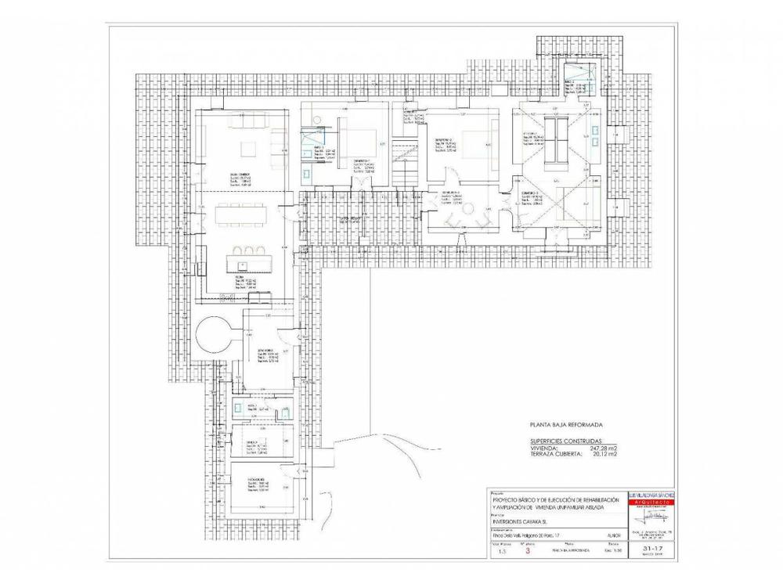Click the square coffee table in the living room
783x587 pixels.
pyautogui.click(x=248, y=149)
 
